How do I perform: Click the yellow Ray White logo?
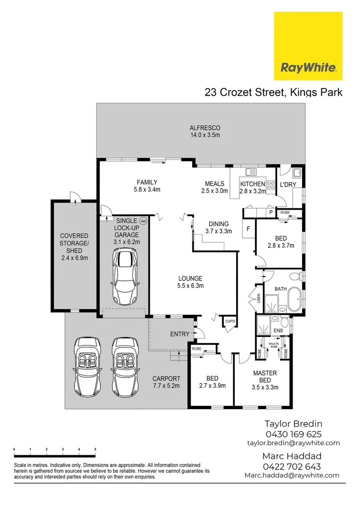pos(308,46)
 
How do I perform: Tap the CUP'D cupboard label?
pos(230,321)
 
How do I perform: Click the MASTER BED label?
pos(265,377)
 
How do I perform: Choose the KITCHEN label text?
pos(253,184)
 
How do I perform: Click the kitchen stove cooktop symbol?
pos(271,186)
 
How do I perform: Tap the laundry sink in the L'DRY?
pos(296,172)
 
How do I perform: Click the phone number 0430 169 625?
pos(293,434)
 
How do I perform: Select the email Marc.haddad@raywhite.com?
pos(292,475)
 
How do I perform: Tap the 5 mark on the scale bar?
pos(95,450)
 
